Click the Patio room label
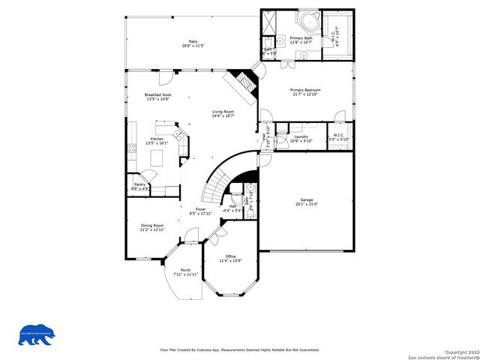coord(193,41)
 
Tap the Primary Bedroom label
coord(304,89)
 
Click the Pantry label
coord(139,184)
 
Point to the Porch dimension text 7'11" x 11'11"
coord(185,274)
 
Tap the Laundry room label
coord(301,136)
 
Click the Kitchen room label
coord(157,139)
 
